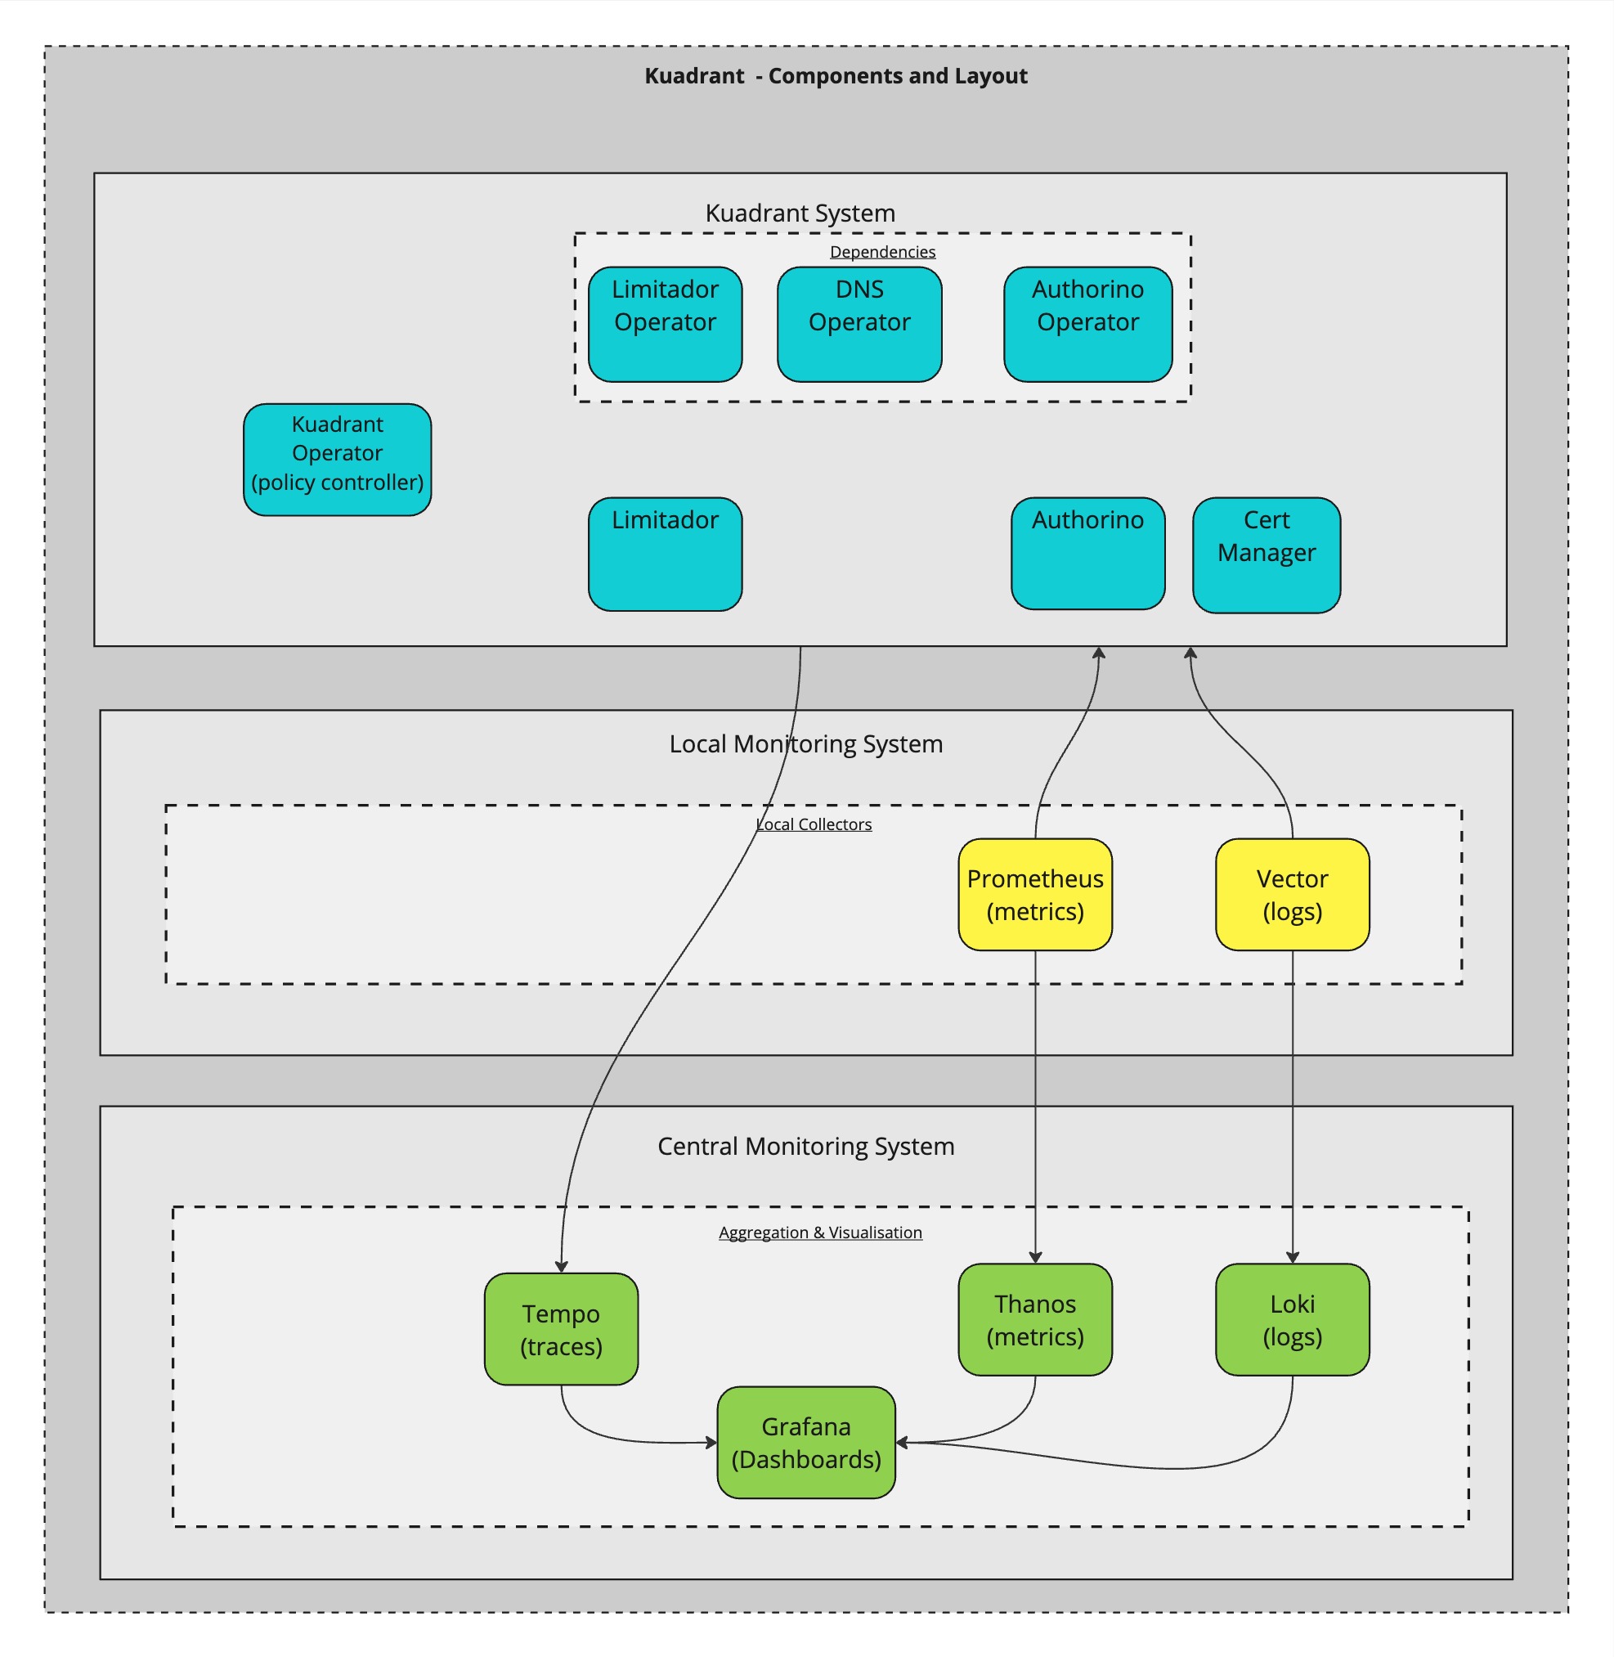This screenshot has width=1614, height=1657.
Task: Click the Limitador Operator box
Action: click(x=666, y=324)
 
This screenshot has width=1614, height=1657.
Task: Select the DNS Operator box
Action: click(x=859, y=324)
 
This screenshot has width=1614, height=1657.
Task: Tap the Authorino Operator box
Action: click(x=1087, y=324)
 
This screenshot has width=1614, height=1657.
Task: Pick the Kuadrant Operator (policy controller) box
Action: click(x=338, y=460)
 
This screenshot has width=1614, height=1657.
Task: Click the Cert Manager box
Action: click(x=1267, y=555)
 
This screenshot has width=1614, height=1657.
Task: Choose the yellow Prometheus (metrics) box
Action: click(x=1035, y=895)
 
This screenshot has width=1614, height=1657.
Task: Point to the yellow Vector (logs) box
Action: click(x=1292, y=895)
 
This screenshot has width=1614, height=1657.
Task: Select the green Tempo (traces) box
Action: click(x=561, y=1329)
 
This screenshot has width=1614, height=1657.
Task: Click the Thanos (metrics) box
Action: click(x=1035, y=1319)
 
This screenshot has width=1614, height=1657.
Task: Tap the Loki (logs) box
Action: click(x=1292, y=1319)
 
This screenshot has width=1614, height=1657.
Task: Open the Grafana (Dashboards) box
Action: click(x=806, y=1443)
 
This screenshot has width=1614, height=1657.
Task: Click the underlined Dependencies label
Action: click(x=882, y=252)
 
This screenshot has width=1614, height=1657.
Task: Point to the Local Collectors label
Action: click(x=814, y=824)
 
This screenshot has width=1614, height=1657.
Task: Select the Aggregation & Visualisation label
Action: click(x=821, y=1233)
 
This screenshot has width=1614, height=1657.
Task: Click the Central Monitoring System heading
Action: click(x=806, y=1147)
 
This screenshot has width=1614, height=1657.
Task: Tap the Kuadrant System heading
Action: click(x=800, y=213)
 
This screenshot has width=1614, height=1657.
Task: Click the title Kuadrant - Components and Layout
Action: click(x=836, y=76)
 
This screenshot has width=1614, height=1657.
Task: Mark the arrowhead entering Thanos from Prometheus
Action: click(x=1035, y=1257)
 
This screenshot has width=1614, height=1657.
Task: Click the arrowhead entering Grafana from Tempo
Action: click(x=711, y=1443)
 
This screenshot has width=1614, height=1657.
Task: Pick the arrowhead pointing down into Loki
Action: click(x=1292, y=1257)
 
